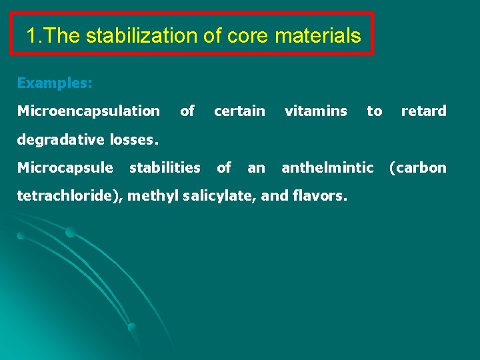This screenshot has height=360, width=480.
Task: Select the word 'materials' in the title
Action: [319, 35]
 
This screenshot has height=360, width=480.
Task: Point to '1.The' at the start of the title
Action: [53, 35]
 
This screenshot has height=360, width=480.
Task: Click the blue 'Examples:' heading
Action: [55, 83]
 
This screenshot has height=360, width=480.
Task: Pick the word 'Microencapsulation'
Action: [88, 111]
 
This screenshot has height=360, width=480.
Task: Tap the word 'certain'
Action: [239, 111]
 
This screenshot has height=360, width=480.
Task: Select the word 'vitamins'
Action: [315, 111]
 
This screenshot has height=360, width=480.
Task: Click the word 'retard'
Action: [423, 111]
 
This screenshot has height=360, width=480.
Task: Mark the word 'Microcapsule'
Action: [65, 167]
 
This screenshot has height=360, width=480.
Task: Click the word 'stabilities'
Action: [165, 167]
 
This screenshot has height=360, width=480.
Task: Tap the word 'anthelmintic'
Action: [327, 167]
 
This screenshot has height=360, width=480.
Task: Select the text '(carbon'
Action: [417, 167]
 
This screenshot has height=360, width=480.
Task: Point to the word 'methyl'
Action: [149, 195]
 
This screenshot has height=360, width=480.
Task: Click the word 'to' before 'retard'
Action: [374, 111]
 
